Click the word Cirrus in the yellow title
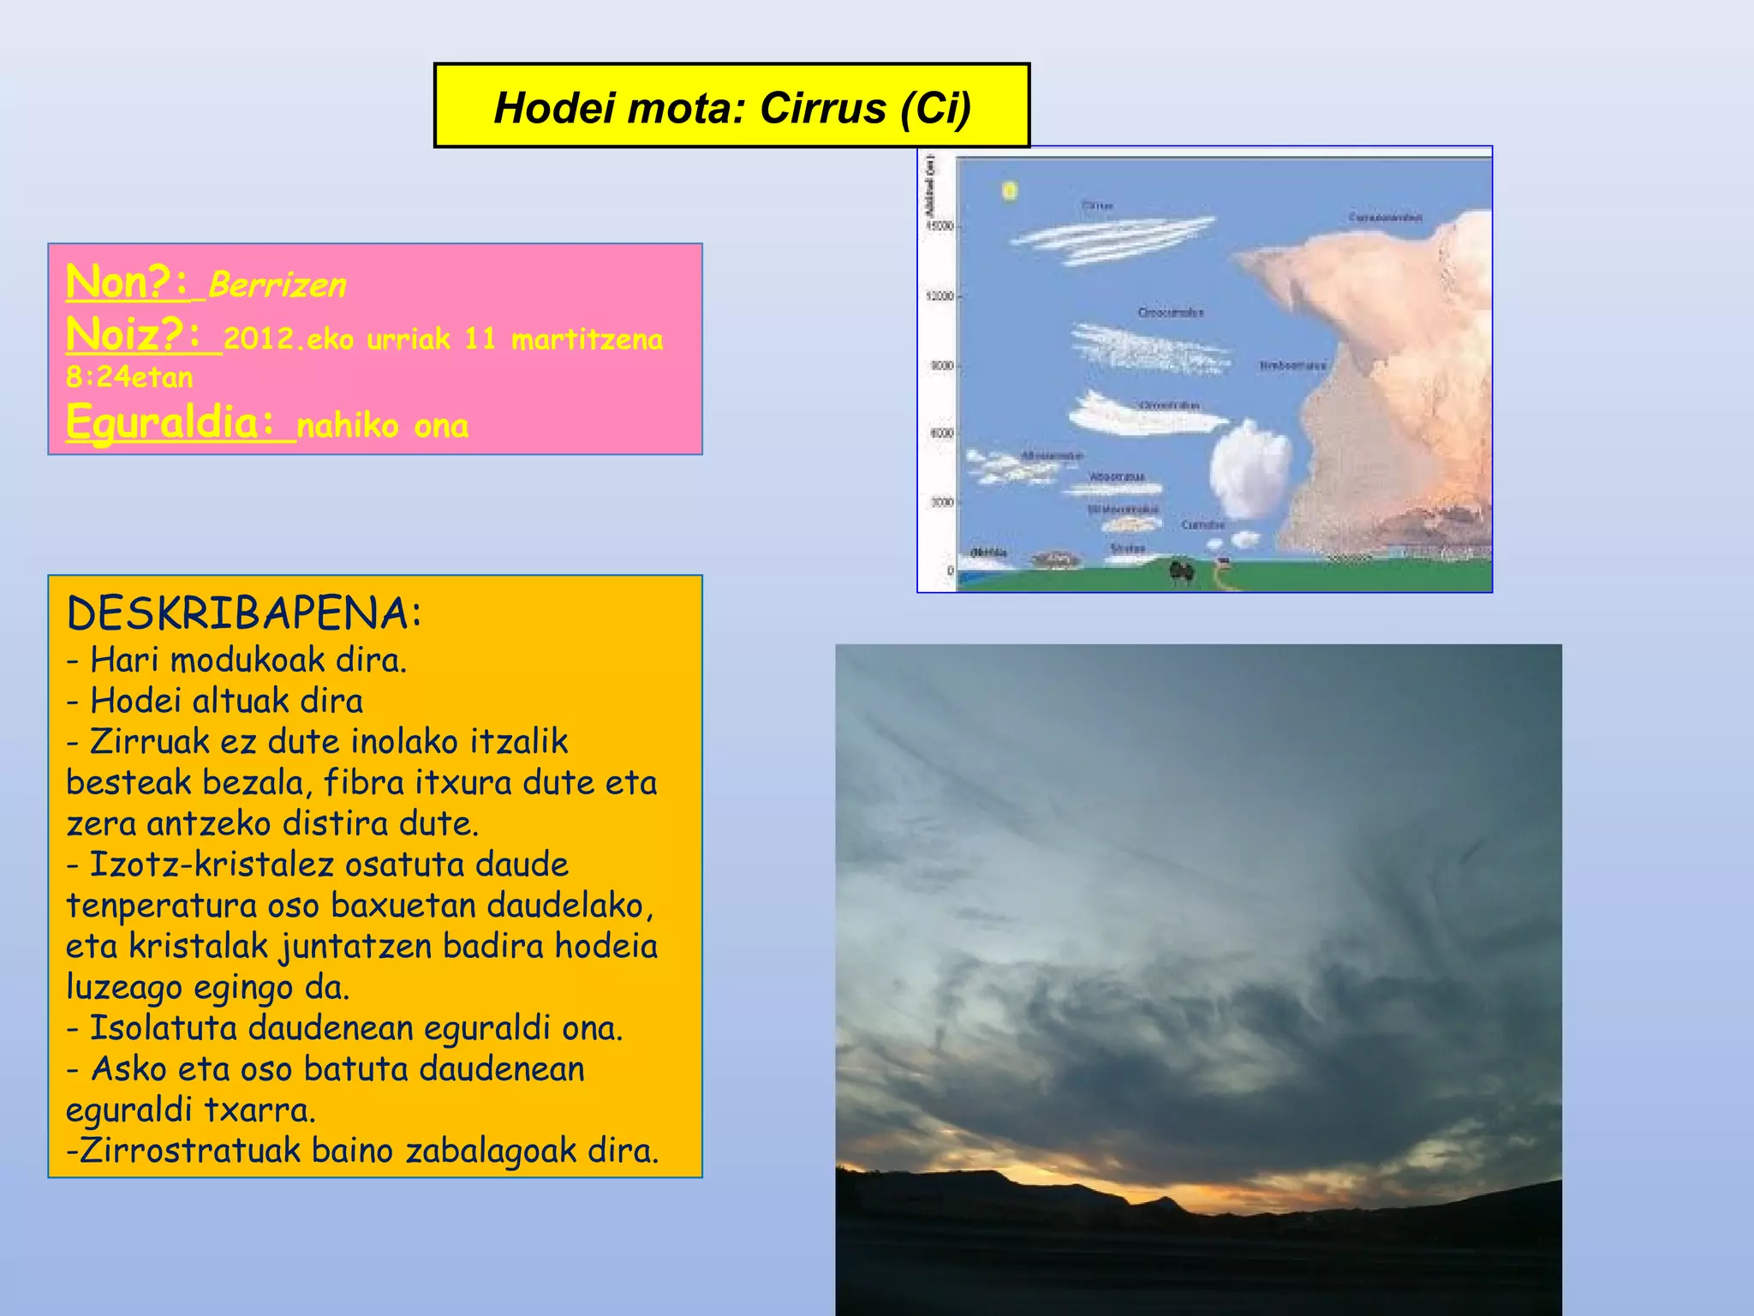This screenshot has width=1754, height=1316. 822,108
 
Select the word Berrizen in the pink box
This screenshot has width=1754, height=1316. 277,285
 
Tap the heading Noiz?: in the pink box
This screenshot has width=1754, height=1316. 134,334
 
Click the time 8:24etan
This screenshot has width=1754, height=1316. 129,377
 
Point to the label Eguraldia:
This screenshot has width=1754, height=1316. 172,422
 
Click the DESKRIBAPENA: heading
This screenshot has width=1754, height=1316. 245,613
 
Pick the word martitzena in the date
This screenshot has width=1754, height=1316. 587,339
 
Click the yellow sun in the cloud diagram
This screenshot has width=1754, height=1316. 1010,190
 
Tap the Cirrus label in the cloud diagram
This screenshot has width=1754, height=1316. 1097,206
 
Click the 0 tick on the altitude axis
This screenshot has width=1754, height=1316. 950,571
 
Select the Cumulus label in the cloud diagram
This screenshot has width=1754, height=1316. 1203,524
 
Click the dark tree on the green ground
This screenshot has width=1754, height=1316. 1183,571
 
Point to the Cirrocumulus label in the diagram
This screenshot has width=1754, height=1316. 1170,313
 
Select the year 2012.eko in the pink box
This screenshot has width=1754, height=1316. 289,339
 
